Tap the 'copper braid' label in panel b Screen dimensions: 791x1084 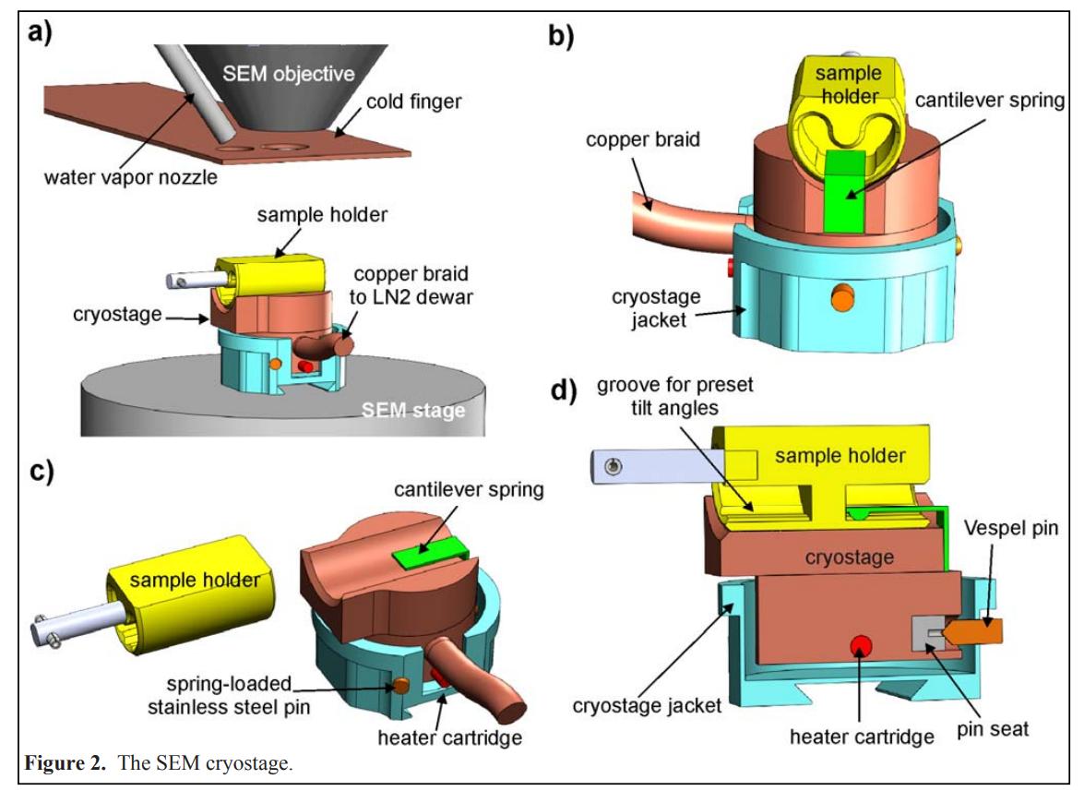[642, 141]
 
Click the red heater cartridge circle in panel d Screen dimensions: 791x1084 [860, 646]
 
